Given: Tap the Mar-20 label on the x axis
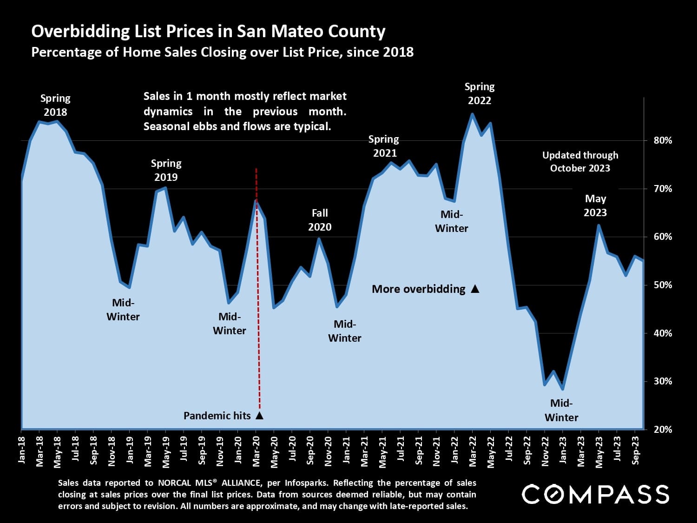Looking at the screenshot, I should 256,451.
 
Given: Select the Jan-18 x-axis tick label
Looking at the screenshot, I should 21,450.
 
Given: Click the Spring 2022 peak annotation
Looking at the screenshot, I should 480,93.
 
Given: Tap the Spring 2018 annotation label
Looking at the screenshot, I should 55,105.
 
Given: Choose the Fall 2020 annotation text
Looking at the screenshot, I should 320,220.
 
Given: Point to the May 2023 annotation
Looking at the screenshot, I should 595,205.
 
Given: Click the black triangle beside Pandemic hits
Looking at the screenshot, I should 259,416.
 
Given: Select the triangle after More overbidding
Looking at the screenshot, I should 475,289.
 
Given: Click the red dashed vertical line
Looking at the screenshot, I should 258,288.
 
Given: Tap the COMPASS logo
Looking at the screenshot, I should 595,494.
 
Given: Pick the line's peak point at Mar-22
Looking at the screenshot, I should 472,114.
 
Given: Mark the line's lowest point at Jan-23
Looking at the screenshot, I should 563,389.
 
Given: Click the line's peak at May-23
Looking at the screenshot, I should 598,225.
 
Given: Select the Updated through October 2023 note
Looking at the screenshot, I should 580,162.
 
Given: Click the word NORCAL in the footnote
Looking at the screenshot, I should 174,483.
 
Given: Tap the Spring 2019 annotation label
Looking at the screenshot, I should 166,170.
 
